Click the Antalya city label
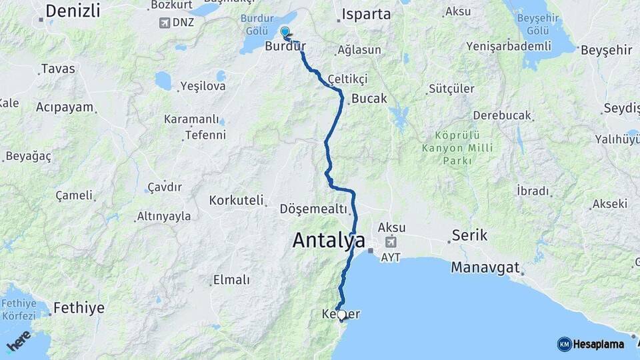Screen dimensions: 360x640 (x=329, y=241)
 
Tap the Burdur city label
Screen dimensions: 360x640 (x=285, y=47)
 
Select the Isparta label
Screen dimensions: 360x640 (x=366, y=14)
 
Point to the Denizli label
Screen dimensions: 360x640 (x=73, y=11)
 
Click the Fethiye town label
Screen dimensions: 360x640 (x=79, y=308)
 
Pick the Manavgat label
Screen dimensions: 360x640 (x=485, y=268)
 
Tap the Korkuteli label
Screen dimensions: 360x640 (x=236, y=200)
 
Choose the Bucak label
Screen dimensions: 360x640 (x=369, y=99)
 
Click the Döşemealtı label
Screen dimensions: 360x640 (x=313, y=209)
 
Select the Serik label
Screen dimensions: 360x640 (x=469, y=235)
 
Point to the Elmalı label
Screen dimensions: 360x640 (x=231, y=280)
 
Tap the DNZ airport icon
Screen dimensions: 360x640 (x=164, y=23)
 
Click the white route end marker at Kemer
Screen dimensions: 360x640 (x=341, y=315)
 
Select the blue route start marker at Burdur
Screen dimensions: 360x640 (x=285, y=31)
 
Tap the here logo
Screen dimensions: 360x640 (x=19, y=341)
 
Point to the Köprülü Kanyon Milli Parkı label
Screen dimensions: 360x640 (x=457, y=147)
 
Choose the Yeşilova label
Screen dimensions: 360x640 (x=203, y=86)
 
